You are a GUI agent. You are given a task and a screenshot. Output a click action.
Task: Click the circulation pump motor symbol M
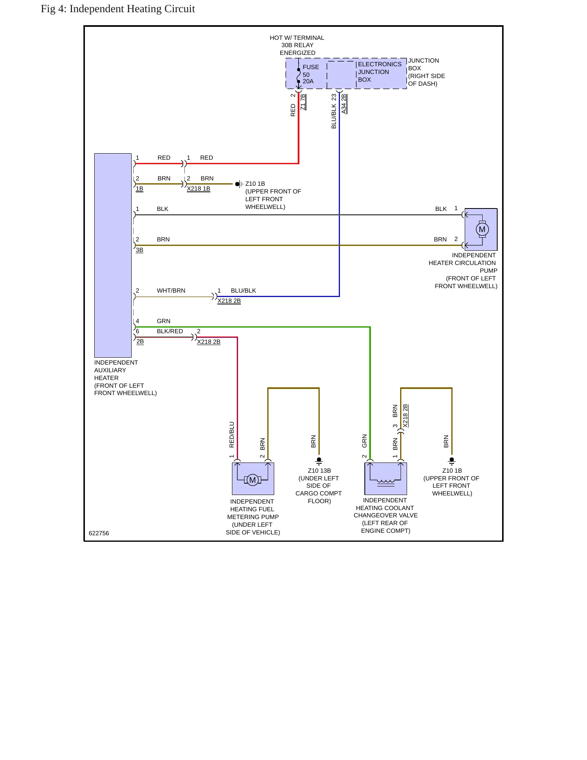(482, 229)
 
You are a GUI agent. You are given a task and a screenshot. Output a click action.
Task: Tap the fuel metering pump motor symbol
(252, 480)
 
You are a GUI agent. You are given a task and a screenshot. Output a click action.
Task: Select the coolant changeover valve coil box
(386, 478)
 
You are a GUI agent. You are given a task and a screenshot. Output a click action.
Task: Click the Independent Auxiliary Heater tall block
(113, 255)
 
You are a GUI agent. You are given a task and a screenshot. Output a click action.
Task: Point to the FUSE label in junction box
(311, 67)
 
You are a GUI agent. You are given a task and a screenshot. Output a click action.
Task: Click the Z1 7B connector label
(303, 102)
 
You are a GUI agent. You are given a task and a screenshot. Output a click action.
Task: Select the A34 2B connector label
(344, 104)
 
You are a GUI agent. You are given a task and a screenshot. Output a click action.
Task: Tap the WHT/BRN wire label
(171, 291)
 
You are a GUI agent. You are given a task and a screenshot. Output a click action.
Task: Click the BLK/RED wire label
(170, 331)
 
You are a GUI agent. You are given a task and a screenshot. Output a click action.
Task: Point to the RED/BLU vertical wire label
(232, 434)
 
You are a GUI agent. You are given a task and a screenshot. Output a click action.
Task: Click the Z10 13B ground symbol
(319, 461)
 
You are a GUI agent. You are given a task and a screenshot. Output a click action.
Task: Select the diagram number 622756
(99, 533)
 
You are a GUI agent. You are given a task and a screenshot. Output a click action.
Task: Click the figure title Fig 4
(118, 9)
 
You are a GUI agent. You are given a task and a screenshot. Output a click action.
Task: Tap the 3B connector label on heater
(139, 250)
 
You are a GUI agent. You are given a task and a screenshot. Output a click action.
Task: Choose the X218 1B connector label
(199, 189)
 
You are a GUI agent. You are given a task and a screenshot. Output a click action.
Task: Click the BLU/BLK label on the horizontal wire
(243, 291)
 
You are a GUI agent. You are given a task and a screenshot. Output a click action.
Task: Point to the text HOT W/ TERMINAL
(297, 38)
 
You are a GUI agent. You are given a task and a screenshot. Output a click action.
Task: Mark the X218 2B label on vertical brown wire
(405, 416)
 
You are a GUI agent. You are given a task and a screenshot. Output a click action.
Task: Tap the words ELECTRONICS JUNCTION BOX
(379, 72)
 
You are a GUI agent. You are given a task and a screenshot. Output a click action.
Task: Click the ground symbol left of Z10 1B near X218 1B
(239, 184)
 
